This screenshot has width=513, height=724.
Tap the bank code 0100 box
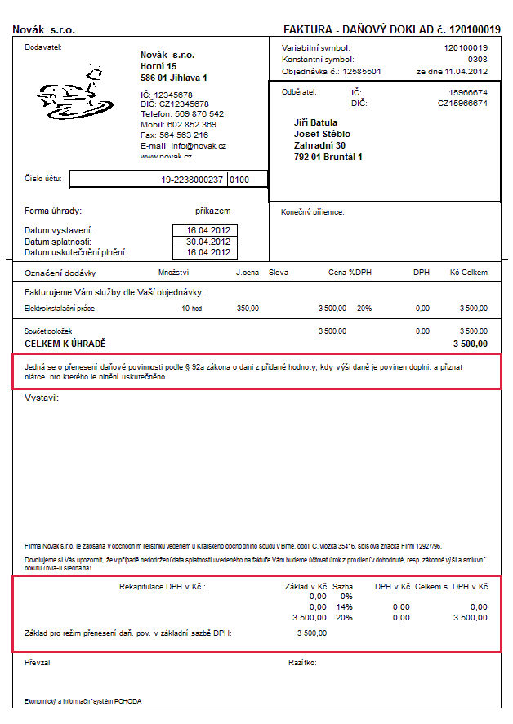click(239, 179)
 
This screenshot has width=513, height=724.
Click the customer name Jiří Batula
click(315, 122)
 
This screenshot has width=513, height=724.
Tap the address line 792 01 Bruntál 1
click(328, 157)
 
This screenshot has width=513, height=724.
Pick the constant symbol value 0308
click(477, 60)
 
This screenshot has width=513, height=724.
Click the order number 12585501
click(361, 71)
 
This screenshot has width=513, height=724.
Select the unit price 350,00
click(248, 309)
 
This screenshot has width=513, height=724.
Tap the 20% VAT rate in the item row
click(364, 309)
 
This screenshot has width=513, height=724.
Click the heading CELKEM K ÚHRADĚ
click(65, 344)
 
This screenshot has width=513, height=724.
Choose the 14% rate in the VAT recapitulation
click(344, 607)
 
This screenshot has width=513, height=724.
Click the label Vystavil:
click(42, 398)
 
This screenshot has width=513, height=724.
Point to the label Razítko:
click(301, 663)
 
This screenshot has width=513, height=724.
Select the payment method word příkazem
click(213, 211)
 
